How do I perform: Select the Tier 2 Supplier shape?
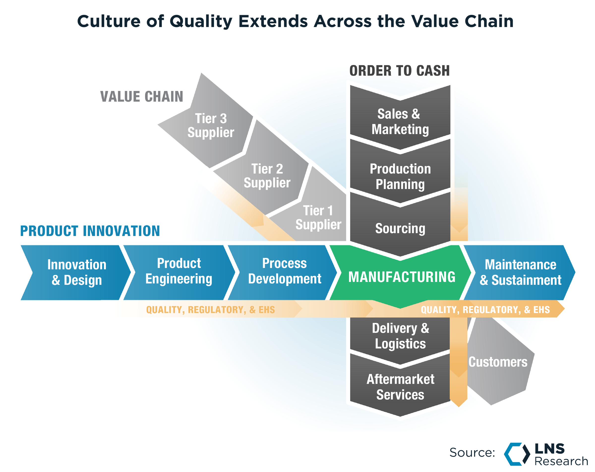click(267, 176)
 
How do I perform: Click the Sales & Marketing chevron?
click(400, 122)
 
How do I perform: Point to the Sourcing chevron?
click(400, 228)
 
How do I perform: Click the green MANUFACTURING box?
click(401, 277)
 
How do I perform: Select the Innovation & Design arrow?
click(76, 272)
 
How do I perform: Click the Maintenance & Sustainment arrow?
click(520, 272)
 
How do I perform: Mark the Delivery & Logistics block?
click(400, 336)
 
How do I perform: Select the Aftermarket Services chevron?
click(400, 387)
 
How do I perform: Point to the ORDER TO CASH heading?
click(399, 71)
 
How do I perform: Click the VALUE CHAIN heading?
click(142, 97)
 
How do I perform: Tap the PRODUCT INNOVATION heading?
click(90, 231)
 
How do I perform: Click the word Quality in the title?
click(201, 21)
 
